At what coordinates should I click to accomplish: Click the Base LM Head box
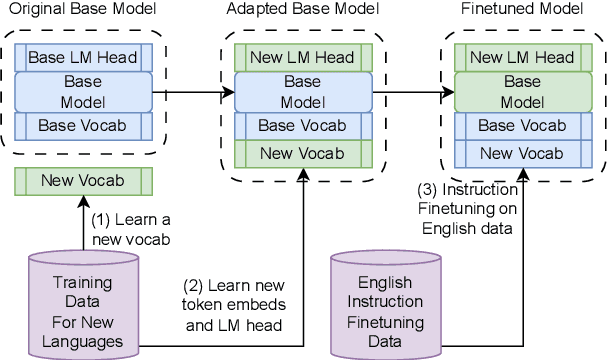(x=83, y=57)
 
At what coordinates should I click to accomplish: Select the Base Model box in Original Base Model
(x=83, y=92)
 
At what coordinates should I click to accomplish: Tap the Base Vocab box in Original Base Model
(x=83, y=126)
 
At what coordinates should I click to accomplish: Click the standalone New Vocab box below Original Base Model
(x=83, y=181)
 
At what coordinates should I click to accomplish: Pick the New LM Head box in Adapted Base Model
(x=302, y=58)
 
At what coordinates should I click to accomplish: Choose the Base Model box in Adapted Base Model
(x=302, y=92)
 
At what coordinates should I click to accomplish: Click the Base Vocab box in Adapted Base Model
(x=302, y=126)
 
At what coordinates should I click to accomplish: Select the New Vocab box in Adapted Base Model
(x=302, y=153)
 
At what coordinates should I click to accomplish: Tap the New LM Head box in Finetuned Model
(x=521, y=58)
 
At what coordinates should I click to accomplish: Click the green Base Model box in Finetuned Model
(x=521, y=92)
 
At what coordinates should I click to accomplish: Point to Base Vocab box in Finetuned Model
(x=521, y=126)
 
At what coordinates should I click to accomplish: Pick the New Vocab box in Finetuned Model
(x=521, y=153)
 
